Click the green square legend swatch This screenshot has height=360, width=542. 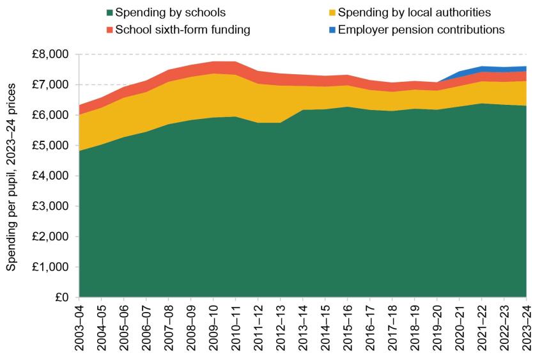tap(109, 13)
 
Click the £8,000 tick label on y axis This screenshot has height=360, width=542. tap(52, 54)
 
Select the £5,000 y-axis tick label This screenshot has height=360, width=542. tap(52, 146)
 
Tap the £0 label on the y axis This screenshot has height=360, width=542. tap(63, 297)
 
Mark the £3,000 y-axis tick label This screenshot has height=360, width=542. tap(52, 207)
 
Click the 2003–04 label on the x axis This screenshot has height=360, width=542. tap(79, 326)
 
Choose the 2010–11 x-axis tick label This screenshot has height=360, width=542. tap(235, 326)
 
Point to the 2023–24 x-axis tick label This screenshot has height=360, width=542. tap(526, 326)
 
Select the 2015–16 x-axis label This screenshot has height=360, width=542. tap(347, 326)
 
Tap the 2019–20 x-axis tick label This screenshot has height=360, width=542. tap(437, 326)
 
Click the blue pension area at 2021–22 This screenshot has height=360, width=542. tap(481, 69)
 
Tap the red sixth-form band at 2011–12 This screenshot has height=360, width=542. tap(258, 77)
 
